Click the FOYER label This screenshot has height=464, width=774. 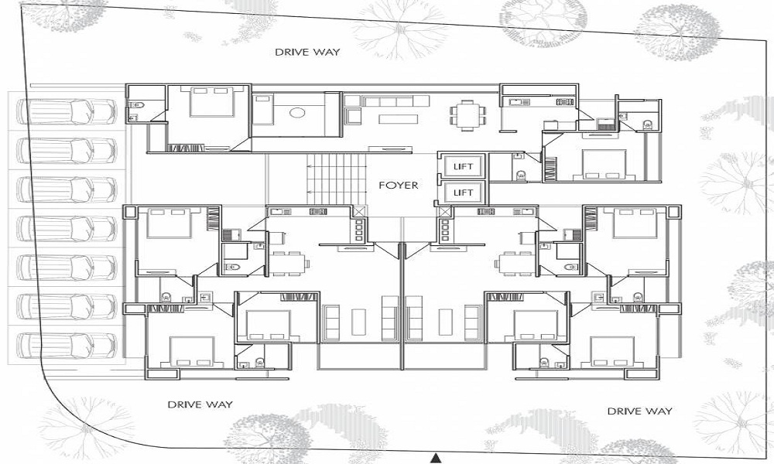click(x=398, y=186)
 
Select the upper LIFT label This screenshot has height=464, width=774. click(x=463, y=167)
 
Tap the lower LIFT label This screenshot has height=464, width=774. click(x=463, y=193)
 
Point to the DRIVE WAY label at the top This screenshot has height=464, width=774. click(x=307, y=52)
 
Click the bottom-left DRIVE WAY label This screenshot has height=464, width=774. click(x=200, y=404)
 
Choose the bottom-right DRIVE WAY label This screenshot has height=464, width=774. click(x=640, y=411)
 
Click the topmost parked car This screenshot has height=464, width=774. click(x=66, y=112)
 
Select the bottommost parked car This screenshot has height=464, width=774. click(x=66, y=345)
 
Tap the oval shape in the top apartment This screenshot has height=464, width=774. click(x=297, y=113)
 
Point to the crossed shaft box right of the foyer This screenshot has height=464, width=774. click(x=445, y=213)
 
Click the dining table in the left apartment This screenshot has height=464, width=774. click(x=289, y=263)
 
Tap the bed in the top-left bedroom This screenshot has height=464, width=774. click(x=212, y=102)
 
